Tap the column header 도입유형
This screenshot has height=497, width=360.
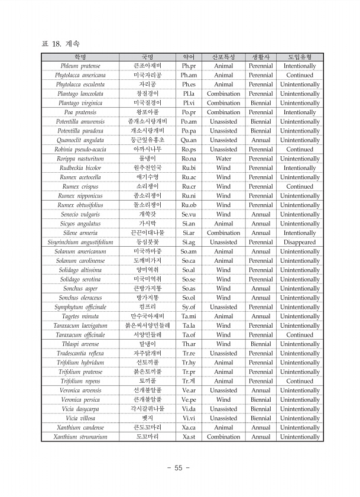point(300,57)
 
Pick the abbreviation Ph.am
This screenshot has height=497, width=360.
point(189,76)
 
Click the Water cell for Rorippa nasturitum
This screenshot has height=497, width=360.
point(223,159)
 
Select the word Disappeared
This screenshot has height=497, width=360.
point(300,243)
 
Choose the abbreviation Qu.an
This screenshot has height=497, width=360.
point(189,140)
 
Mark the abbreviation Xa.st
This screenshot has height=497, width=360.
point(189,437)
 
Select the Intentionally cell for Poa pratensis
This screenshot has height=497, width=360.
point(300,112)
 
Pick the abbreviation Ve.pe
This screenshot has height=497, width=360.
point(189,400)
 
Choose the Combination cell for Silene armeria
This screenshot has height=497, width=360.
point(223,233)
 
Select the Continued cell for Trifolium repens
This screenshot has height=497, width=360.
point(300,382)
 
